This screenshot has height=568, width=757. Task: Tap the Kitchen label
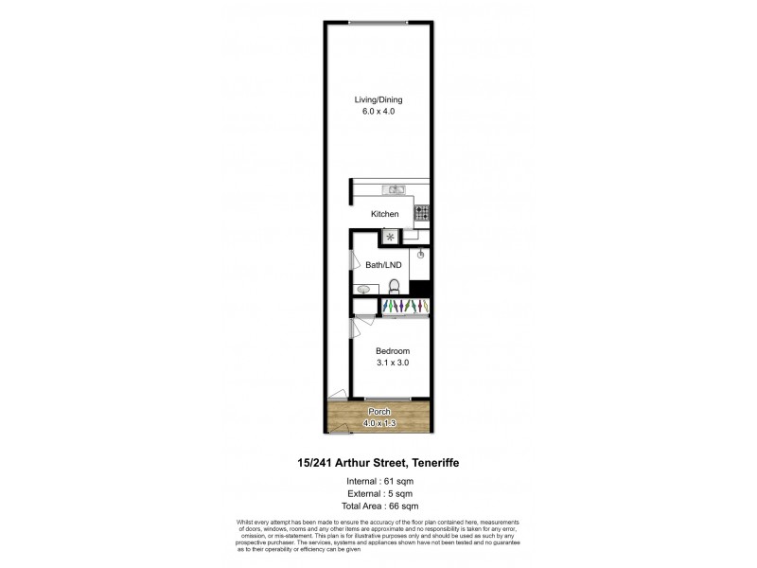(x=385, y=214)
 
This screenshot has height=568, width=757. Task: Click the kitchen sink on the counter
(x=394, y=187)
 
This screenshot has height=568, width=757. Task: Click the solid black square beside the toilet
(x=422, y=290)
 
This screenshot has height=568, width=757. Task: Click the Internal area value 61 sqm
(x=396, y=482)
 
